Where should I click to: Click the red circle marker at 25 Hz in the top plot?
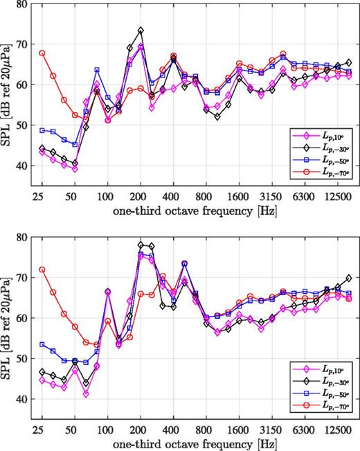[42, 53]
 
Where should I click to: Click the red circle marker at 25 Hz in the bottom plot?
[42, 269]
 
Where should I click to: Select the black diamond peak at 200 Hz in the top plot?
[141, 30]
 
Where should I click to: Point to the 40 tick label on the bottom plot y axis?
[24, 400]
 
